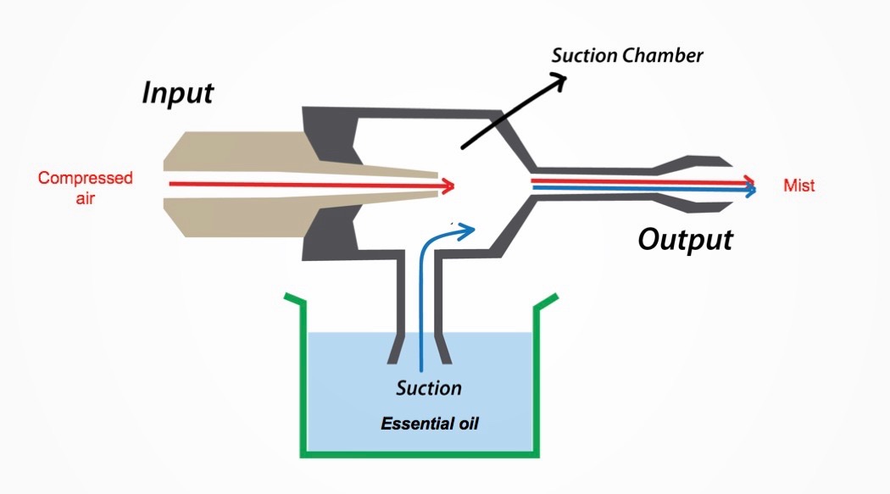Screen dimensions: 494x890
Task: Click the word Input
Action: coord(177,92)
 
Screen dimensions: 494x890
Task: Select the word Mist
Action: coord(799,186)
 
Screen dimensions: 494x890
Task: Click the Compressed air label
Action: coord(85,186)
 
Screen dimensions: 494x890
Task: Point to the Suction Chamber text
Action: coord(627,57)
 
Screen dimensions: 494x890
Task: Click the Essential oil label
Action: coord(430,423)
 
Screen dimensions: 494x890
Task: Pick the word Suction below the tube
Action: coord(429,389)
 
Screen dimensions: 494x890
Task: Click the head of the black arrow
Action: coord(559,78)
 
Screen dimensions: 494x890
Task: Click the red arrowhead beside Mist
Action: coord(750,180)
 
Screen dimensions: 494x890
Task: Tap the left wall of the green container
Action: coord(298,373)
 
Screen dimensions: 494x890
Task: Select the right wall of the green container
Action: coord(537,373)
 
